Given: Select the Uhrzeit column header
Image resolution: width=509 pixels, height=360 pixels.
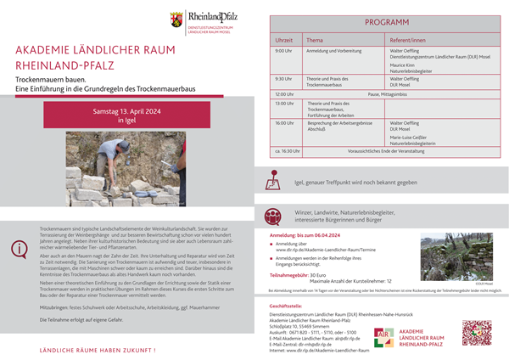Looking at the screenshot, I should coord(283,40).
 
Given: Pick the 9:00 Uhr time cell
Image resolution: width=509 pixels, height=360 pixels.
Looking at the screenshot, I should coord(283,51).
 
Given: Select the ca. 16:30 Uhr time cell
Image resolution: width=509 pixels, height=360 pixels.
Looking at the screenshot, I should coord(287,150).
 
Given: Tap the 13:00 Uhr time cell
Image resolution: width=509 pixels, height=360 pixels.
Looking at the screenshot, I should coord(283,103).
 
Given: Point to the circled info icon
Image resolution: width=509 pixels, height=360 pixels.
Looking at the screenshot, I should coord(18,249).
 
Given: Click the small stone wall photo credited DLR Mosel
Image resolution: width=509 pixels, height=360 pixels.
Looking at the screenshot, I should coord(450,251).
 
